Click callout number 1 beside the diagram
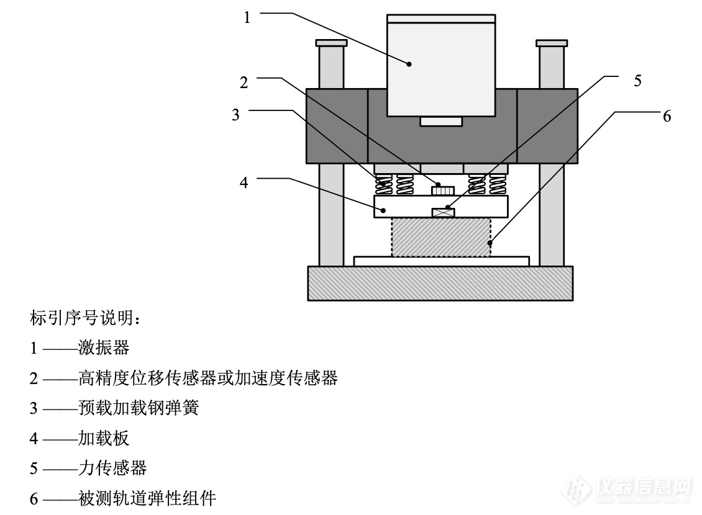(x=247, y=18)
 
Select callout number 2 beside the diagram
(x=244, y=83)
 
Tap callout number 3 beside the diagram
(x=235, y=116)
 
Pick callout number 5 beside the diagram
(x=638, y=81)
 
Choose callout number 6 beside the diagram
(x=667, y=117)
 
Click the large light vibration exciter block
(x=441, y=65)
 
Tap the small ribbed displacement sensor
(x=443, y=189)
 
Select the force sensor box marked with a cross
(x=443, y=212)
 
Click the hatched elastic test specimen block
(x=441, y=237)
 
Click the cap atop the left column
(x=330, y=43)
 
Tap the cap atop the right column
(x=552, y=43)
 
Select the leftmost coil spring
(x=384, y=184)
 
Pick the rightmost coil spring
(x=498, y=184)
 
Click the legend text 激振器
(x=104, y=347)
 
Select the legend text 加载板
(x=104, y=439)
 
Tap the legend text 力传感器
(x=112, y=468)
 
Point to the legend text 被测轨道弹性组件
(x=147, y=498)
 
